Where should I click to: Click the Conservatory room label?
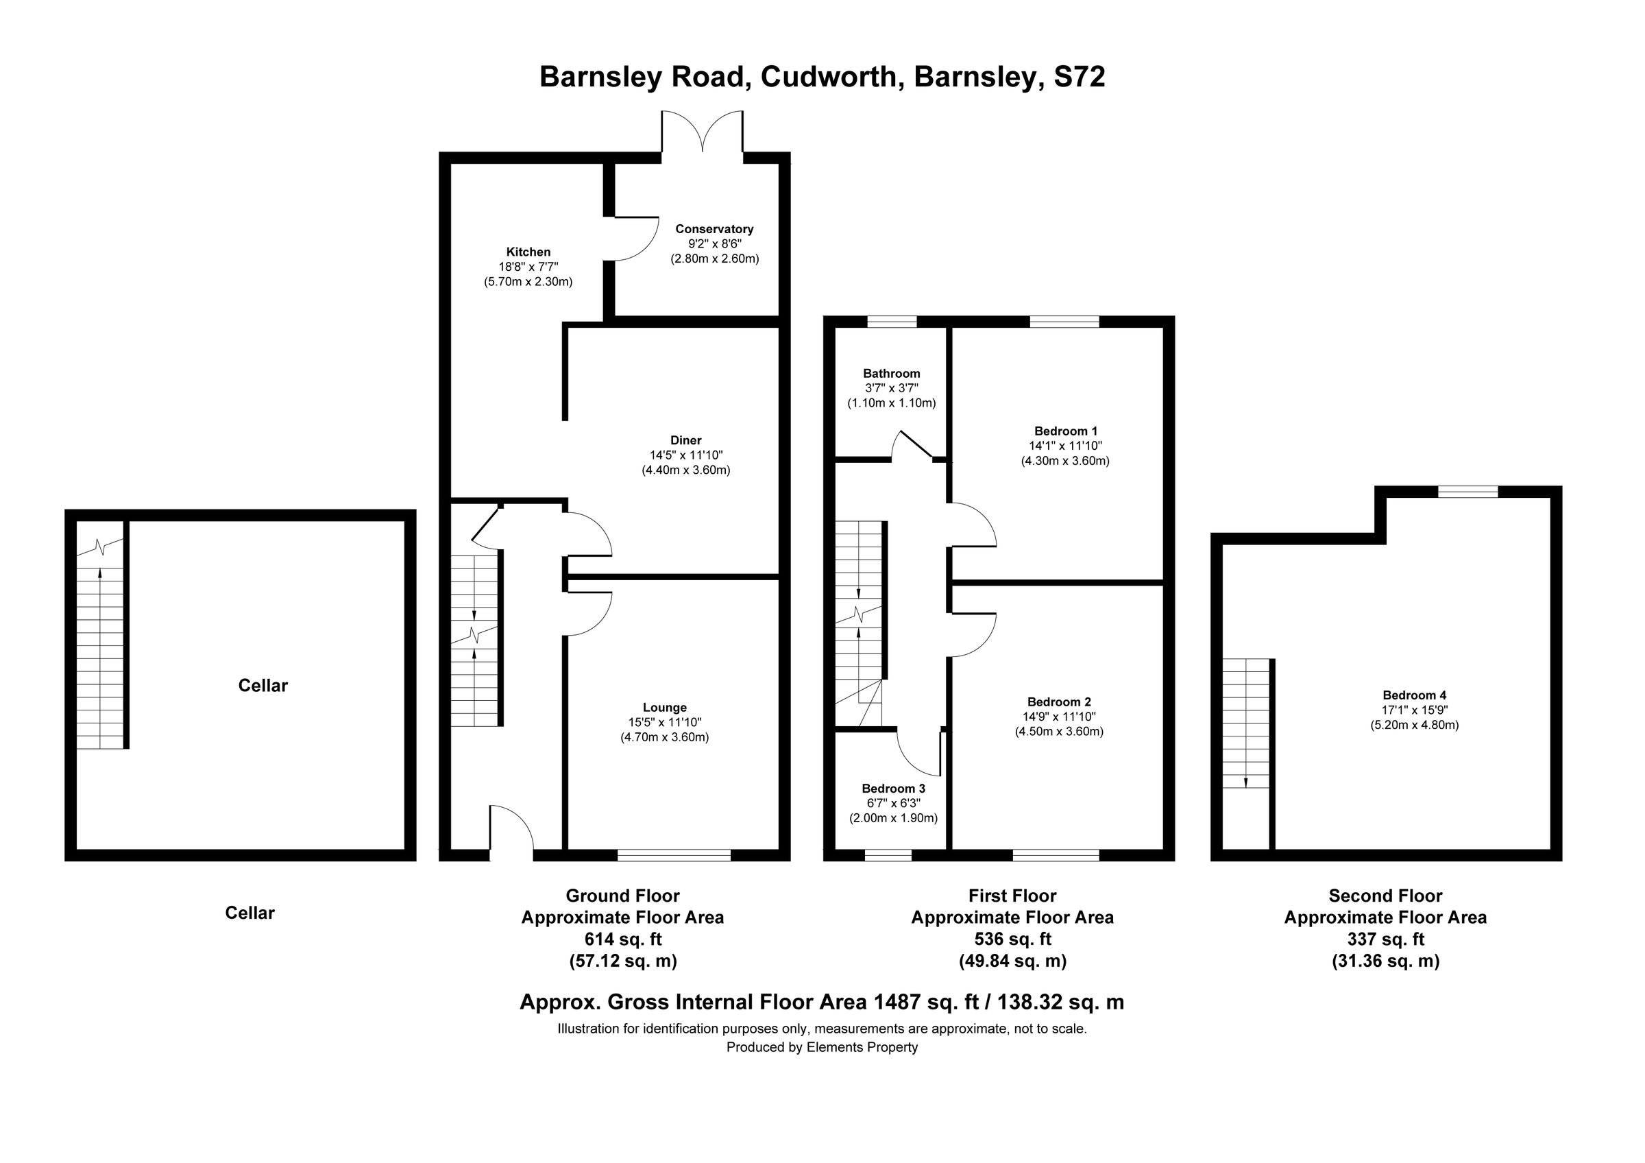tap(714, 229)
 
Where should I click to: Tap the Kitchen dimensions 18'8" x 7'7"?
tap(528, 267)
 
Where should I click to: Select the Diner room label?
tap(685, 440)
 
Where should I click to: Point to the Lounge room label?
tap(664, 708)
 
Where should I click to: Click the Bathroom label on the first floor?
tap(891, 373)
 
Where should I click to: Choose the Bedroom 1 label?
tap(1065, 431)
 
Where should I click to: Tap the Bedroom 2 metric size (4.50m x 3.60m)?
tap(1058, 732)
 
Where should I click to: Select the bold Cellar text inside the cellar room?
tap(263, 686)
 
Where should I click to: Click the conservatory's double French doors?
tap(702, 132)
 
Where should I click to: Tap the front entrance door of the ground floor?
tap(511, 831)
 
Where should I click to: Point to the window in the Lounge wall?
tap(674, 855)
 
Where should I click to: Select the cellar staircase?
tap(99, 645)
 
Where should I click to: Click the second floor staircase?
tap(1245, 723)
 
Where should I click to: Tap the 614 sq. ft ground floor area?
tap(622, 939)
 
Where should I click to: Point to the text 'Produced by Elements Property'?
tap(822, 1047)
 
